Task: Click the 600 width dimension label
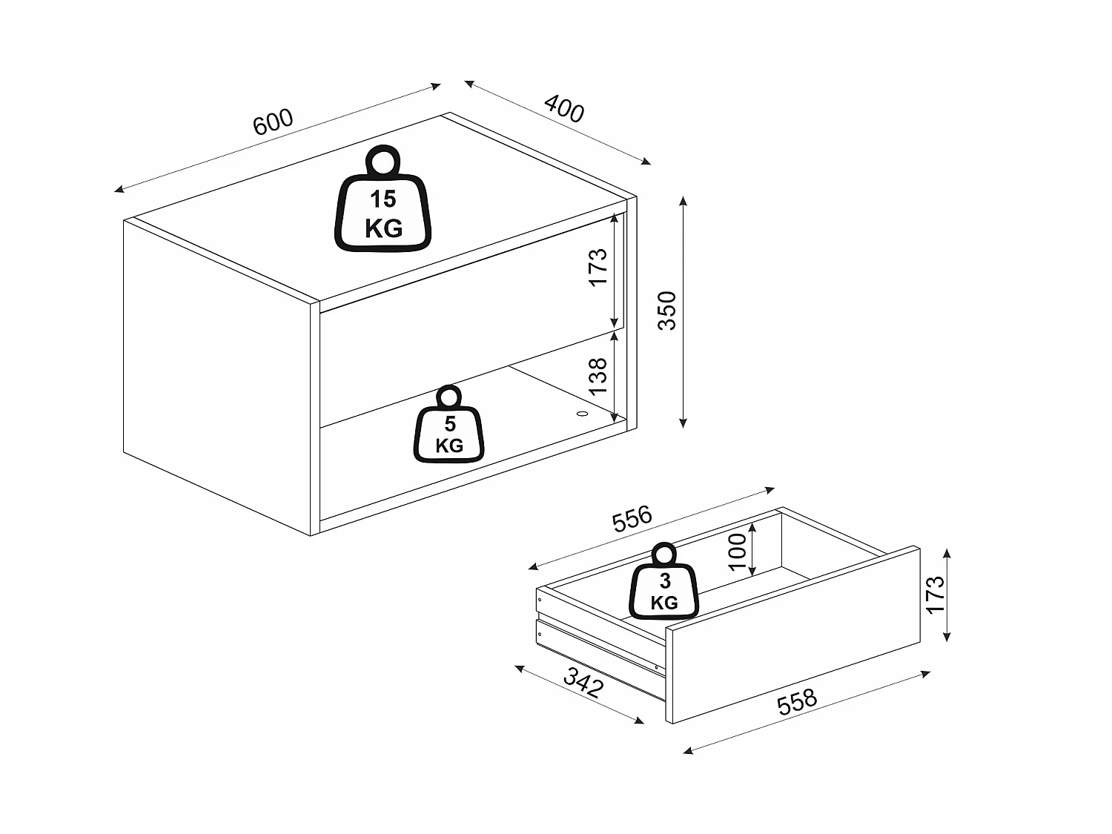point(274,122)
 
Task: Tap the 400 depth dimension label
point(564,109)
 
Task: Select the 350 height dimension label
point(667,310)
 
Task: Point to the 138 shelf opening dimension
point(598,375)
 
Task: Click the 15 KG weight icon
point(383,200)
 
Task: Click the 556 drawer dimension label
point(632,518)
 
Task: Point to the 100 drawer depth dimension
point(738,551)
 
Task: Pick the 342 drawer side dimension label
point(583,682)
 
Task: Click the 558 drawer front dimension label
point(796,701)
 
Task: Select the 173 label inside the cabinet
point(598,266)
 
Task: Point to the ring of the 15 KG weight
point(383,159)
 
